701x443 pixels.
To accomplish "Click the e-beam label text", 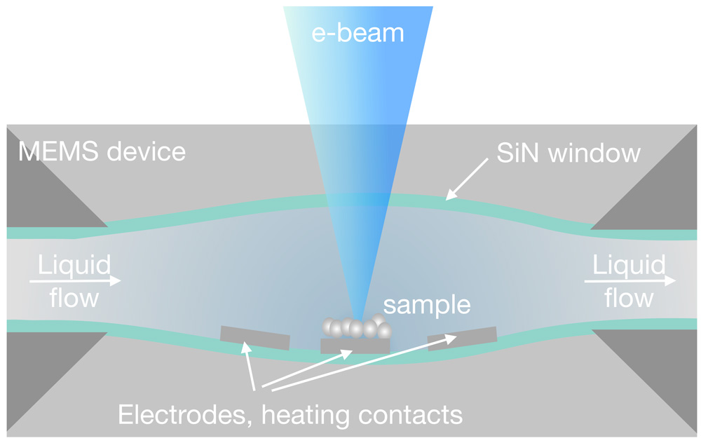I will (x=358, y=32).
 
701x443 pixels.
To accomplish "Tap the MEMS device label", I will (x=102, y=151).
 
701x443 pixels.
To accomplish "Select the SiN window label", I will (x=568, y=153).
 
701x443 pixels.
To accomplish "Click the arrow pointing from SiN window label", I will (x=468, y=179).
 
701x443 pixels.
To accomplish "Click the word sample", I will (x=426, y=305).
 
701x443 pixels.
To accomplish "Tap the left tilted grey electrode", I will (x=254, y=338).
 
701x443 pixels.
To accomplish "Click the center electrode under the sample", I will (x=355, y=346).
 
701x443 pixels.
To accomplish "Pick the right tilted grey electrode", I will (x=462, y=338).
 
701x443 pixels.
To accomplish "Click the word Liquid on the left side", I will (x=74, y=266).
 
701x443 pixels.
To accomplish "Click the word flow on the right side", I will (x=629, y=299).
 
